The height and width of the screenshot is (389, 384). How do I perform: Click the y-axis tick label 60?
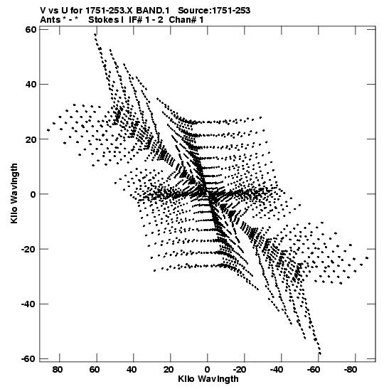point(31,30)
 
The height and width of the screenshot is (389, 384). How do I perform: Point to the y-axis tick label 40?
point(31,85)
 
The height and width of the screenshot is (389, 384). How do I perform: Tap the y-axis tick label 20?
point(31,139)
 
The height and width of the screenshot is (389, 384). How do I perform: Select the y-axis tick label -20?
point(28,249)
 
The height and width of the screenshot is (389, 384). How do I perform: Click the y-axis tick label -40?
point(28,304)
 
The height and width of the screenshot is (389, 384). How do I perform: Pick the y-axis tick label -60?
point(28,358)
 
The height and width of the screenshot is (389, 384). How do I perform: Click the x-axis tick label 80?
point(58,370)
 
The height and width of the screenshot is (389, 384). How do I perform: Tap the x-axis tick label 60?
point(95,370)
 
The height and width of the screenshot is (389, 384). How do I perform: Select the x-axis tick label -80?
point(351,370)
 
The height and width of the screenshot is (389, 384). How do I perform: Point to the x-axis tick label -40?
point(277,370)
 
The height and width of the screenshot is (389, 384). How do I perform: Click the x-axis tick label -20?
point(240,370)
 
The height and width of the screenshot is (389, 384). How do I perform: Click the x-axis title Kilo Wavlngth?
point(208,379)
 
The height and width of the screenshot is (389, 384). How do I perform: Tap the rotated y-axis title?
point(14,193)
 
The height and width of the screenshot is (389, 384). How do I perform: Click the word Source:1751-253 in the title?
point(214,11)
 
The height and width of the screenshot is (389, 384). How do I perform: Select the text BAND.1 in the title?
point(153,11)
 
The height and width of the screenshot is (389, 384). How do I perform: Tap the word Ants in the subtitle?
point(50,20)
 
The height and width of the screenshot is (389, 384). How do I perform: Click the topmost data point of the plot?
point(95,34)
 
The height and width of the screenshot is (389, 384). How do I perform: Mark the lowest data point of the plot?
point(320,353)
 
